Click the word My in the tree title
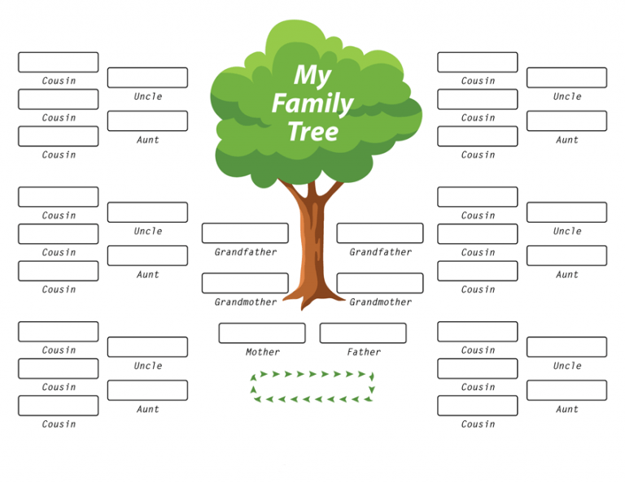pos(312,76)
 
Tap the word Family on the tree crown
pos(312,103)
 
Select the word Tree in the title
pos(312,132)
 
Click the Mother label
pos(263,352)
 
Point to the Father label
pos(364,352)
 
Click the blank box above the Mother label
pos(262,333)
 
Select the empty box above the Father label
pos(363,333)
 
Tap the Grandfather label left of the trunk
pos(246,252)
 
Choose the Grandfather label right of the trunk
pos(381,252)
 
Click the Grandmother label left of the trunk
pos(246,302)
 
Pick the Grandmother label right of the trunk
pos(381,302)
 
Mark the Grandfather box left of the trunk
pos(245,233)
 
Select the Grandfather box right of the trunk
pos(380,233)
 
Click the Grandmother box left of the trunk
pos(245,283)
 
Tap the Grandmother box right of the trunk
pos(380,283)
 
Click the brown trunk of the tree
pos(312,247)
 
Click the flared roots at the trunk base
pos(312,297)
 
